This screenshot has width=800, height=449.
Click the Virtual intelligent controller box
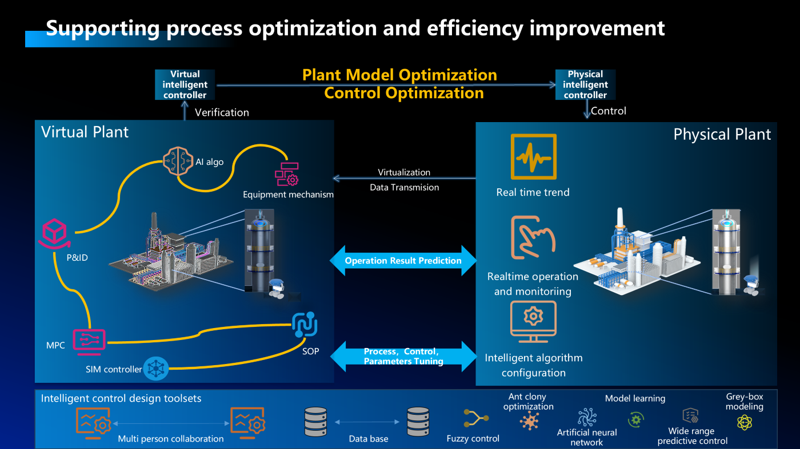pyautogui.click(x=185, y=84)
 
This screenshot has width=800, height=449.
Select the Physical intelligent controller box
pyautogui.click(x=585, y=84)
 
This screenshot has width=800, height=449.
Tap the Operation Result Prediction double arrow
pyautogui.click(x=403, y=261)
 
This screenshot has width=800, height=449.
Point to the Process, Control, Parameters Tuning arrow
pyautogui.click(x=403, y=357)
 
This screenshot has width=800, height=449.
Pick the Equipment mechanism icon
pyautogui.click(x=287, y=173)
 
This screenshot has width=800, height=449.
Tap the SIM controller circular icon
pyautogui.click(x=155, y=369)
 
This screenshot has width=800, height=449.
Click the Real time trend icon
pyautogui.click(x=533, y=157)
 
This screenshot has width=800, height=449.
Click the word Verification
pyautogui.click(x=222, y=112)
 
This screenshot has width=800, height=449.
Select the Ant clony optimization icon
pyautogui.click(x=529, y=421)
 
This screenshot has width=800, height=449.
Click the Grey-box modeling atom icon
pyautogui.click(x=745, y=422)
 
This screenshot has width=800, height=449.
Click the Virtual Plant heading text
pyautogui.click(x=85, y=132)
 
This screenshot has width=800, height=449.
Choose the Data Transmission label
pyautogui.click(x=404, y=187)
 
